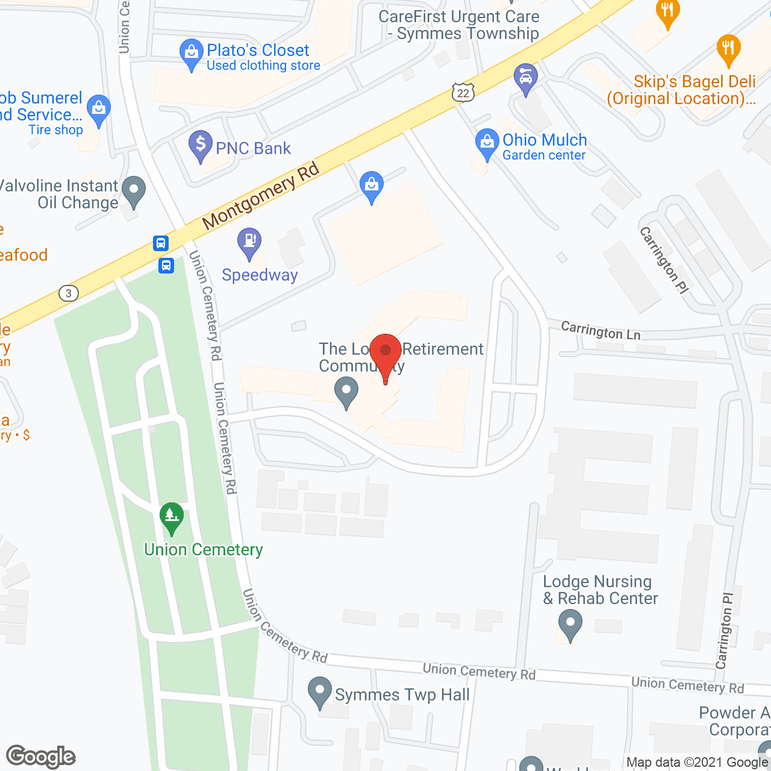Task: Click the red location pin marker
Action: pyautogui.click(x=385, y=352)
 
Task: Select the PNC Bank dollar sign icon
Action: pyautogui.click(x=200, y=146)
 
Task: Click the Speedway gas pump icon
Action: pyautogui.click(x=249, y=242)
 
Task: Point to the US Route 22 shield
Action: pyautogui.click(x=463, y=92)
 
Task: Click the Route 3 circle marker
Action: pyautogui.click(x=69, y=293)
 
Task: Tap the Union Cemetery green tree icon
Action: pyautogui.click(x=172, y=517)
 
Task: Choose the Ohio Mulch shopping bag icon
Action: pyautogui.click(x=487, y=143)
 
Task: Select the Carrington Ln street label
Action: pyautogui.click(x=601, y=331)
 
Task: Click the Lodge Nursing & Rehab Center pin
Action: pyautogui.click(x=570, y=624)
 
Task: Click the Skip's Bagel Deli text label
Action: pyautogui.click(x=681, y=90)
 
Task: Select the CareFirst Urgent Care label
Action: pyautogui.click(x=459, y=25)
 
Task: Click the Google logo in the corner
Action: pyautogui.click(x=41, y=757)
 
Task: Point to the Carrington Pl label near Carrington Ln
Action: pyautogui.click(x=664, y=260)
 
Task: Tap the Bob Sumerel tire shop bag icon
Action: pyautogui.click(x=98, y=110)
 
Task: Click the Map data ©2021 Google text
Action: pyautogui.click(x=698, y=763)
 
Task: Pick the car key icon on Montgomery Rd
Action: pyautogui.click(x=526, y=78)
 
